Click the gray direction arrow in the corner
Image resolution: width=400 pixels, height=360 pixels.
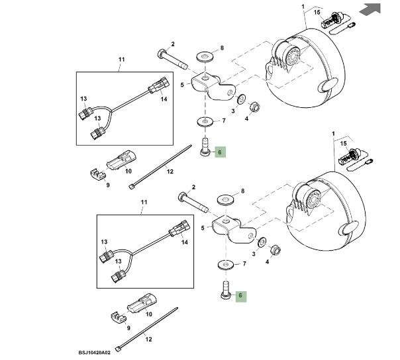374,9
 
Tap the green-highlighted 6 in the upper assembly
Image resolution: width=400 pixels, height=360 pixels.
221,152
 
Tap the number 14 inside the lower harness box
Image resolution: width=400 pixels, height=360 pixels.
184,242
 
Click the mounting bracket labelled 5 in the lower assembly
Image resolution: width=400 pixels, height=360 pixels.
228,229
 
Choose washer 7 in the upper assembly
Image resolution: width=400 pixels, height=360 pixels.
205,121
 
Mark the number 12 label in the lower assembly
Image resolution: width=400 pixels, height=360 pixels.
149,339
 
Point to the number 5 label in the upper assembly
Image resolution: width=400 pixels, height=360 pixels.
182,85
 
